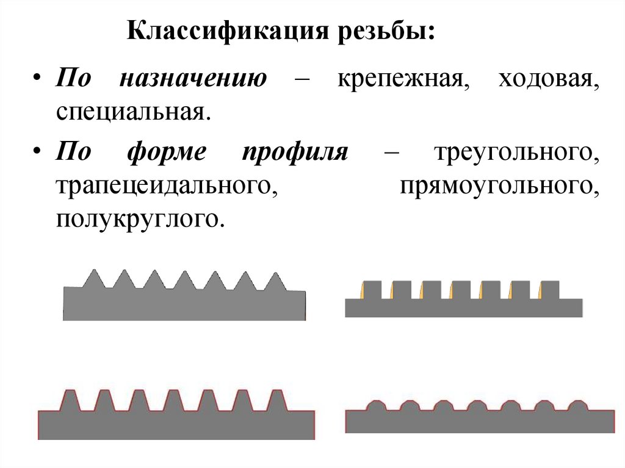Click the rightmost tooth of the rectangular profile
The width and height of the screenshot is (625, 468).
pos(550,290)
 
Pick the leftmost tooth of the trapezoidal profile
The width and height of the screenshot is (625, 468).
pos(70,400)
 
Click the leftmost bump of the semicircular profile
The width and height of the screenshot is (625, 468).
pos(376,405)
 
